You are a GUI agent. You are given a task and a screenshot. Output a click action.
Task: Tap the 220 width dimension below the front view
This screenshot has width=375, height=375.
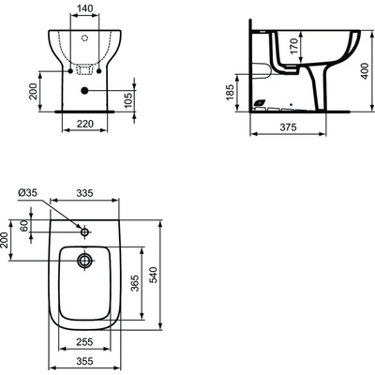pyautogui.click(x=85, y=122)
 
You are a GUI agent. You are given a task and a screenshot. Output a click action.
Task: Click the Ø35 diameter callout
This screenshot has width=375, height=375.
pyautogui.click(x=25, y=194)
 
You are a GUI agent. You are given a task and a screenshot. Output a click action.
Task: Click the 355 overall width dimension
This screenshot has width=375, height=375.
pyautogui.click(x=85, y=359)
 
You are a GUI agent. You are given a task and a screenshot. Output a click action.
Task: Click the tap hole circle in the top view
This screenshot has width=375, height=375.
pyautogui.click(x=84, y=231)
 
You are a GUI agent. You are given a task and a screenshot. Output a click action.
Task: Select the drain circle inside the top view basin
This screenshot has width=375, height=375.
pyautogui.click(x=85, y=260)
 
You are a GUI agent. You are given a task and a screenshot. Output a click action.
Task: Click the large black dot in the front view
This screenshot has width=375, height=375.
pyautogui.click(x=85, y=90)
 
